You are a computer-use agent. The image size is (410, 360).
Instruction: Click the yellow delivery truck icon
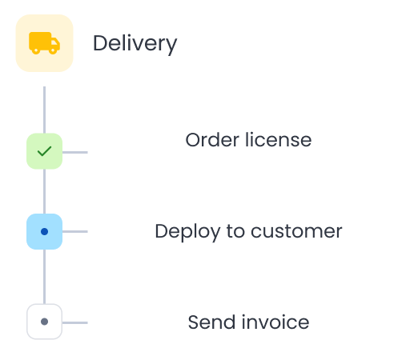pos(44,42)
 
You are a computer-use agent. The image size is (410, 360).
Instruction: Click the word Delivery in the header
pos(135,43)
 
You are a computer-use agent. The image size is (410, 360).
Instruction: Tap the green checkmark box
pos(44,150)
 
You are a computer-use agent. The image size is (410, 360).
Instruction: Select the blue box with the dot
pos(44,231)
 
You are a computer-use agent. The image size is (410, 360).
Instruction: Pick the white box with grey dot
pos(44,322)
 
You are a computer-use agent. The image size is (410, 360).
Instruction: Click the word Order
pos(208,140)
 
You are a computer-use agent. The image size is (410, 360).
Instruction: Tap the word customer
pos(296,231)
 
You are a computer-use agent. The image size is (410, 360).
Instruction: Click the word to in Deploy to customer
pos(235,231)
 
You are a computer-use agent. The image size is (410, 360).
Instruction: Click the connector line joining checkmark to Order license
pos(74,150)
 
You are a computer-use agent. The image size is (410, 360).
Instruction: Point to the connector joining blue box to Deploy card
pos(74,231)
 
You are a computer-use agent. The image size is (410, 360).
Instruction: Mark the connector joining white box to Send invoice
pos(74,322)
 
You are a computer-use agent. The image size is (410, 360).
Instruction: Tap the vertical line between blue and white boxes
pos(44,276)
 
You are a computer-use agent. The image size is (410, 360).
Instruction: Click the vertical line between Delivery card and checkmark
pos(44,109)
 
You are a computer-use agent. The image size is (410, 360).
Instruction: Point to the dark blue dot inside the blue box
pos(44,231)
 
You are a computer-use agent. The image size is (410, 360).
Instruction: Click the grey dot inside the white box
pos(44,322)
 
